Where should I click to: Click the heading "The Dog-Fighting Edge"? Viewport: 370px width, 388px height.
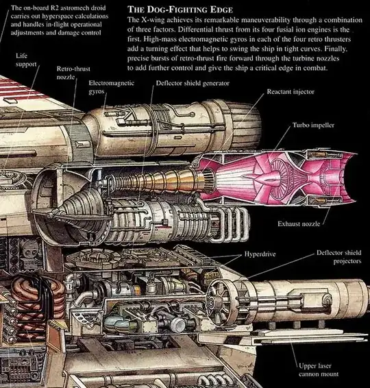coord(180,10)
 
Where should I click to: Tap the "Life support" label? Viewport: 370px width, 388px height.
coord(26,60)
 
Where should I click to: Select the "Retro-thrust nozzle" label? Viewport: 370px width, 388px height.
coord(73,73)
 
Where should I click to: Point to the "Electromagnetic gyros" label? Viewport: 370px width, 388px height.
coord(111,87)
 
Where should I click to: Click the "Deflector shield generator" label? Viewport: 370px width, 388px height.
coord(193,83)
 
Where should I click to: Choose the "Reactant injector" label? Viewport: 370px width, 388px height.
coord(291,92)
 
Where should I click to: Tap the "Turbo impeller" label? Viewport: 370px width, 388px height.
coord(313,125)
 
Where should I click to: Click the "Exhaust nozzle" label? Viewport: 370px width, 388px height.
coord(299,223)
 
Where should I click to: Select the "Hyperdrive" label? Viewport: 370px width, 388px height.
coord(260,254)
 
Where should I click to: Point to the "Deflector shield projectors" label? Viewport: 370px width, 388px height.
coord(339,257)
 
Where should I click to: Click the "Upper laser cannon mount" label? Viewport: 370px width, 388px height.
coord(319,369)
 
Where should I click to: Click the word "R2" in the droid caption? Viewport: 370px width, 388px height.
coord(54,8)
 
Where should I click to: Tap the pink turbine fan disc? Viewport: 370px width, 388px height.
coord(279,176)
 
